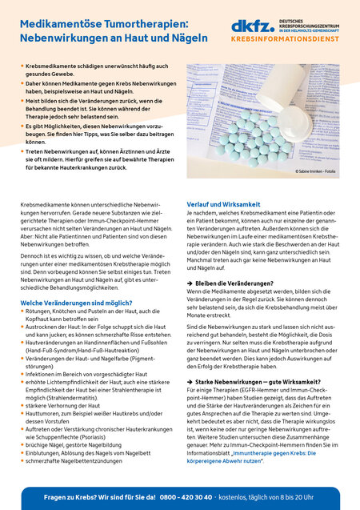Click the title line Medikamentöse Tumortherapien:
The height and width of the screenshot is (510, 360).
102,24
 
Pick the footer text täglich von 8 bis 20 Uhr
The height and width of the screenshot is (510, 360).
299,496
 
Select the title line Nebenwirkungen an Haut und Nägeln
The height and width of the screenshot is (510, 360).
103,38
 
